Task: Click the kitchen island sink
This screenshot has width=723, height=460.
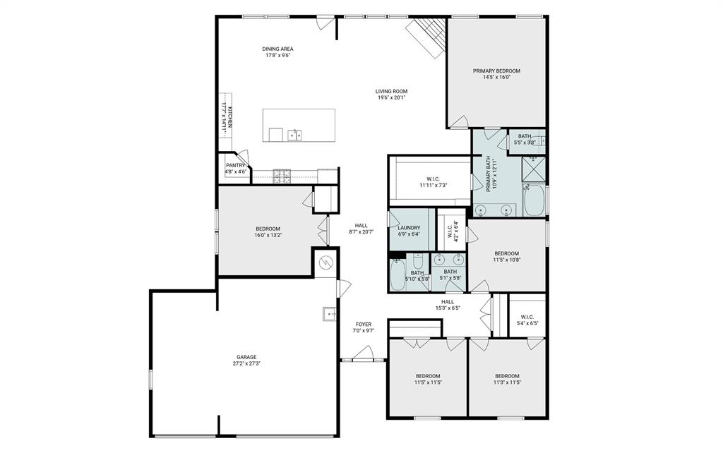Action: coord(294,134)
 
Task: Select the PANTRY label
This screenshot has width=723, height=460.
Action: coord(235,165)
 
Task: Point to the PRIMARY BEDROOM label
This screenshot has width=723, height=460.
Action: coord(496,71)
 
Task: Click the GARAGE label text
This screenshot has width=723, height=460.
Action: coord(246,357)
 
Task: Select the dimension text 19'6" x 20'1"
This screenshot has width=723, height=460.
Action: coord(391,98)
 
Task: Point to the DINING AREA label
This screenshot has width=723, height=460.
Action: coord(278,49)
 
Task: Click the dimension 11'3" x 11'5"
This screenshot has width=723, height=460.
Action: coord(507,382)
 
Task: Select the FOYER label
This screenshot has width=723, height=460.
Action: coord(363,324)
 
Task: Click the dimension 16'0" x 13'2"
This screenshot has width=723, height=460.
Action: coord(268,235)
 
